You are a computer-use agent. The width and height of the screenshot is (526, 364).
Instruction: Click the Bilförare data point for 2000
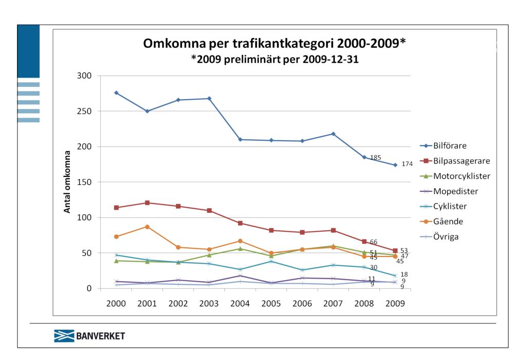tap(116, 93)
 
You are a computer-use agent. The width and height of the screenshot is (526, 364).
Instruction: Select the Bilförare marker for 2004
tap(240, 139)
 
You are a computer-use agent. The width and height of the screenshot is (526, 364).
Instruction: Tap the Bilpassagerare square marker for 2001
tap(147, 203)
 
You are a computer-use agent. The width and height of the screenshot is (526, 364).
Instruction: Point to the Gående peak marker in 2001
tap(147, 227)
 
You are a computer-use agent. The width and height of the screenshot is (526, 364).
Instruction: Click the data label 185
tap(375, 158)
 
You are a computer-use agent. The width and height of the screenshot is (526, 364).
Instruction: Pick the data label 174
tap(407, 165)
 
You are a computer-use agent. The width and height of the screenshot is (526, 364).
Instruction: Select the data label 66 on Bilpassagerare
tap(374, 242)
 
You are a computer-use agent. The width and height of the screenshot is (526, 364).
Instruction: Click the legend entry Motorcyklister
tap(461, 176)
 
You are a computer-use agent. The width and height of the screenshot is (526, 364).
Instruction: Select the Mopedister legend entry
tap(456, 191)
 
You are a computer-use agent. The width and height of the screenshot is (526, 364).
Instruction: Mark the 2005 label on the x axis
tap(271, 303)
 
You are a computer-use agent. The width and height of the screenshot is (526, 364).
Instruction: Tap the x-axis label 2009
tap(395, 303)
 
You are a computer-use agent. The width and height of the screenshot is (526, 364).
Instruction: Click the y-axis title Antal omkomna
tap(67, 182)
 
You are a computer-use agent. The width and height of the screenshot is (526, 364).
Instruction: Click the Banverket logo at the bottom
tap(89, 337)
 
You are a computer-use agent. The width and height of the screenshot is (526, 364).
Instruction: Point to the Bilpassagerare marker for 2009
tap(395, 251)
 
